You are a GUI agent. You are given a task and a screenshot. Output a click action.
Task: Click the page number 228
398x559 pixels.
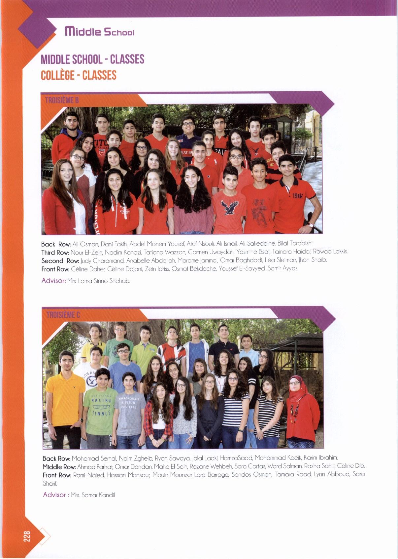point(27,536)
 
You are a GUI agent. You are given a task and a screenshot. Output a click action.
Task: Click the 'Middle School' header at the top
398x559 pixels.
point(99,32)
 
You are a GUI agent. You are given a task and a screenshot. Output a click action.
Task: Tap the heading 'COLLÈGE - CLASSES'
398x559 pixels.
point(79,75)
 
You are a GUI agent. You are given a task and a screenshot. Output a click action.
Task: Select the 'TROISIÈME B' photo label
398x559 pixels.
point(62,100)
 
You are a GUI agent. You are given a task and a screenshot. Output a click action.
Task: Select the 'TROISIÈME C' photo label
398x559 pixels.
point(63,315)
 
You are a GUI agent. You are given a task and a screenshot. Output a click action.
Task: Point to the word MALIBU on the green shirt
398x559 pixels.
point(101,401)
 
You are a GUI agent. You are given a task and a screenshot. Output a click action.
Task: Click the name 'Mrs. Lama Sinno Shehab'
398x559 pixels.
point(98,281)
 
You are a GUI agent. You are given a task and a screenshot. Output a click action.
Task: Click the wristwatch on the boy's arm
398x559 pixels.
point(311,225)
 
